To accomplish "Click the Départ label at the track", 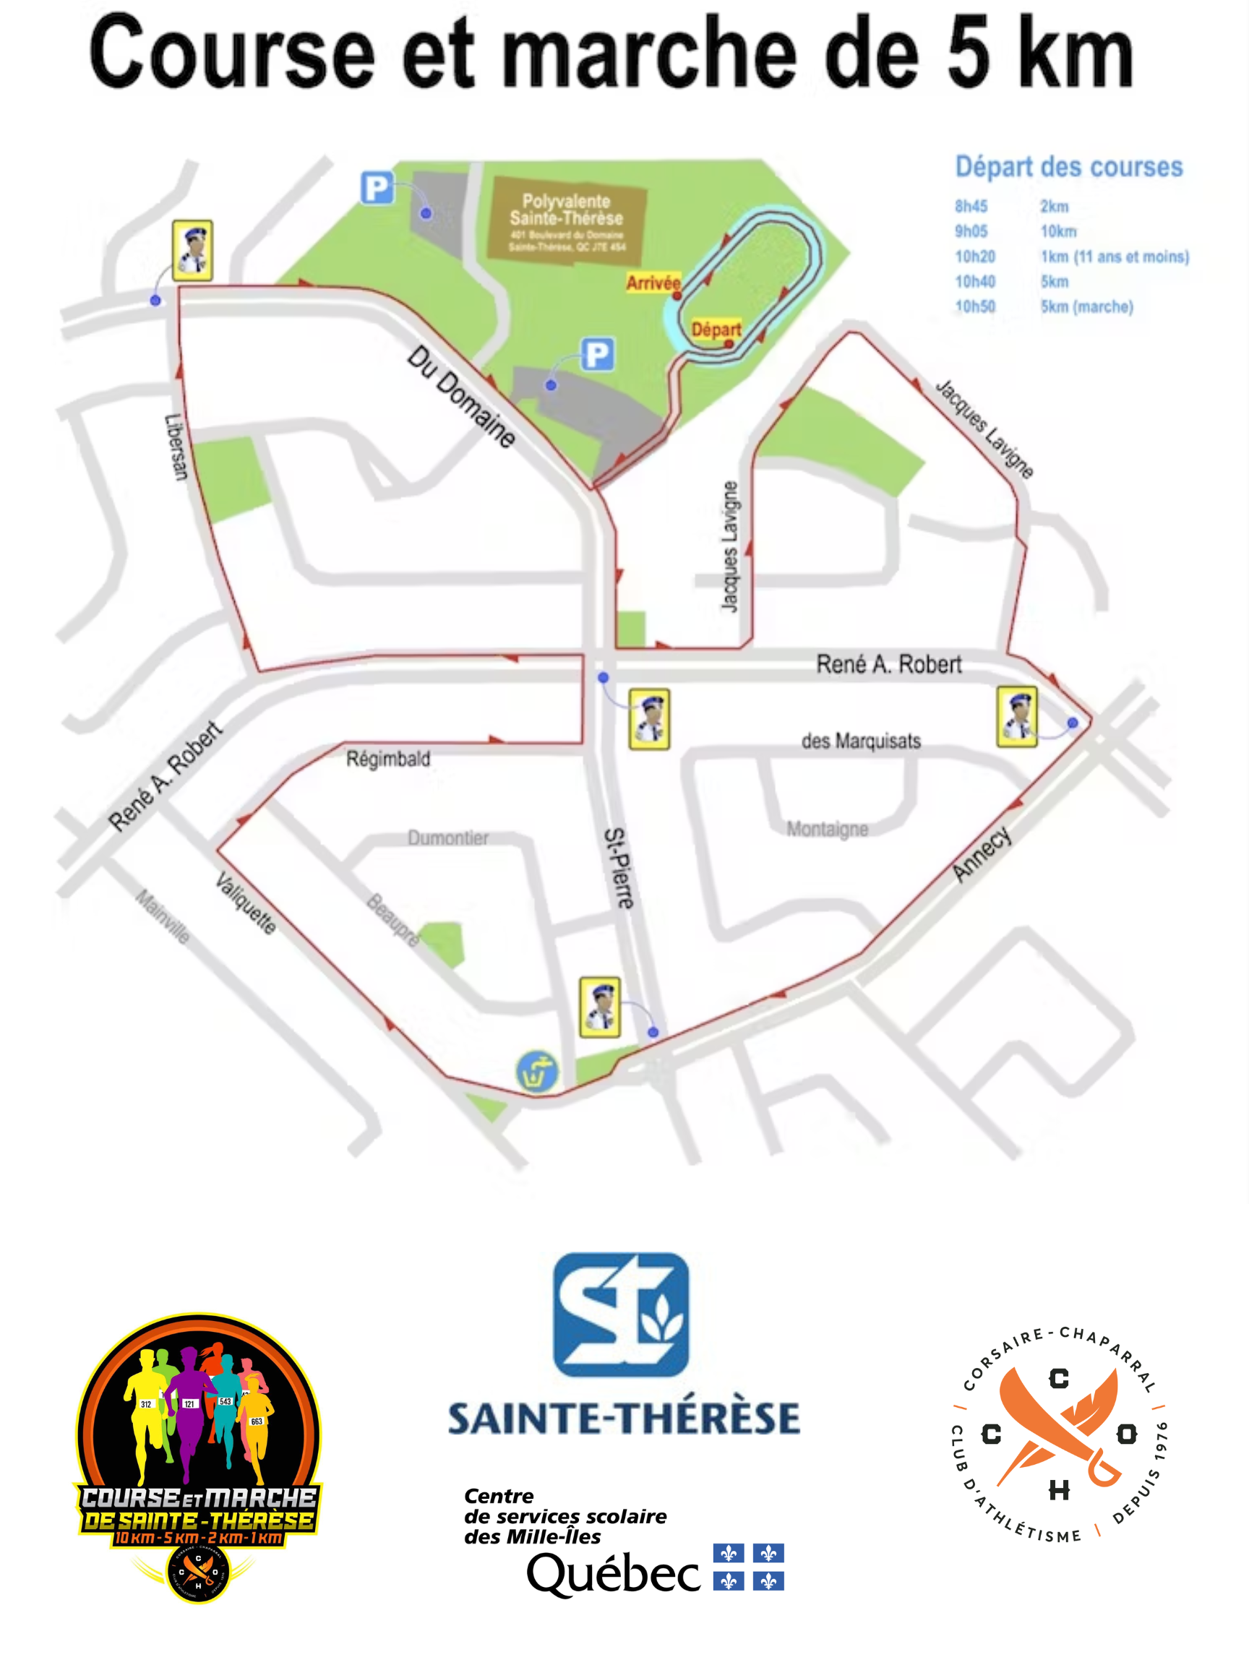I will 716,330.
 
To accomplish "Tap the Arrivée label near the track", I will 653,283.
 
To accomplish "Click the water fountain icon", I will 537,1071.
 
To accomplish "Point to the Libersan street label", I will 176,447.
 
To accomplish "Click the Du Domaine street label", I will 461,397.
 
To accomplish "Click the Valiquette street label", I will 246,903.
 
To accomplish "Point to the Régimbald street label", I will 387,759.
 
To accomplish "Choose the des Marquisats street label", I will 861,741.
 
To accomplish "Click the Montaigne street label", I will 827,829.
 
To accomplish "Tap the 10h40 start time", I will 975,282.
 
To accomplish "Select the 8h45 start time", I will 971,206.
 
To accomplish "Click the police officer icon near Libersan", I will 192,251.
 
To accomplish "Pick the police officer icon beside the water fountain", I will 600,1007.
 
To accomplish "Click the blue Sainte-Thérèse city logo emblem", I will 620,1315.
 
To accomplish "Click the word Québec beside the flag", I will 613,1573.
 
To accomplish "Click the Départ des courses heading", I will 1068,166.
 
